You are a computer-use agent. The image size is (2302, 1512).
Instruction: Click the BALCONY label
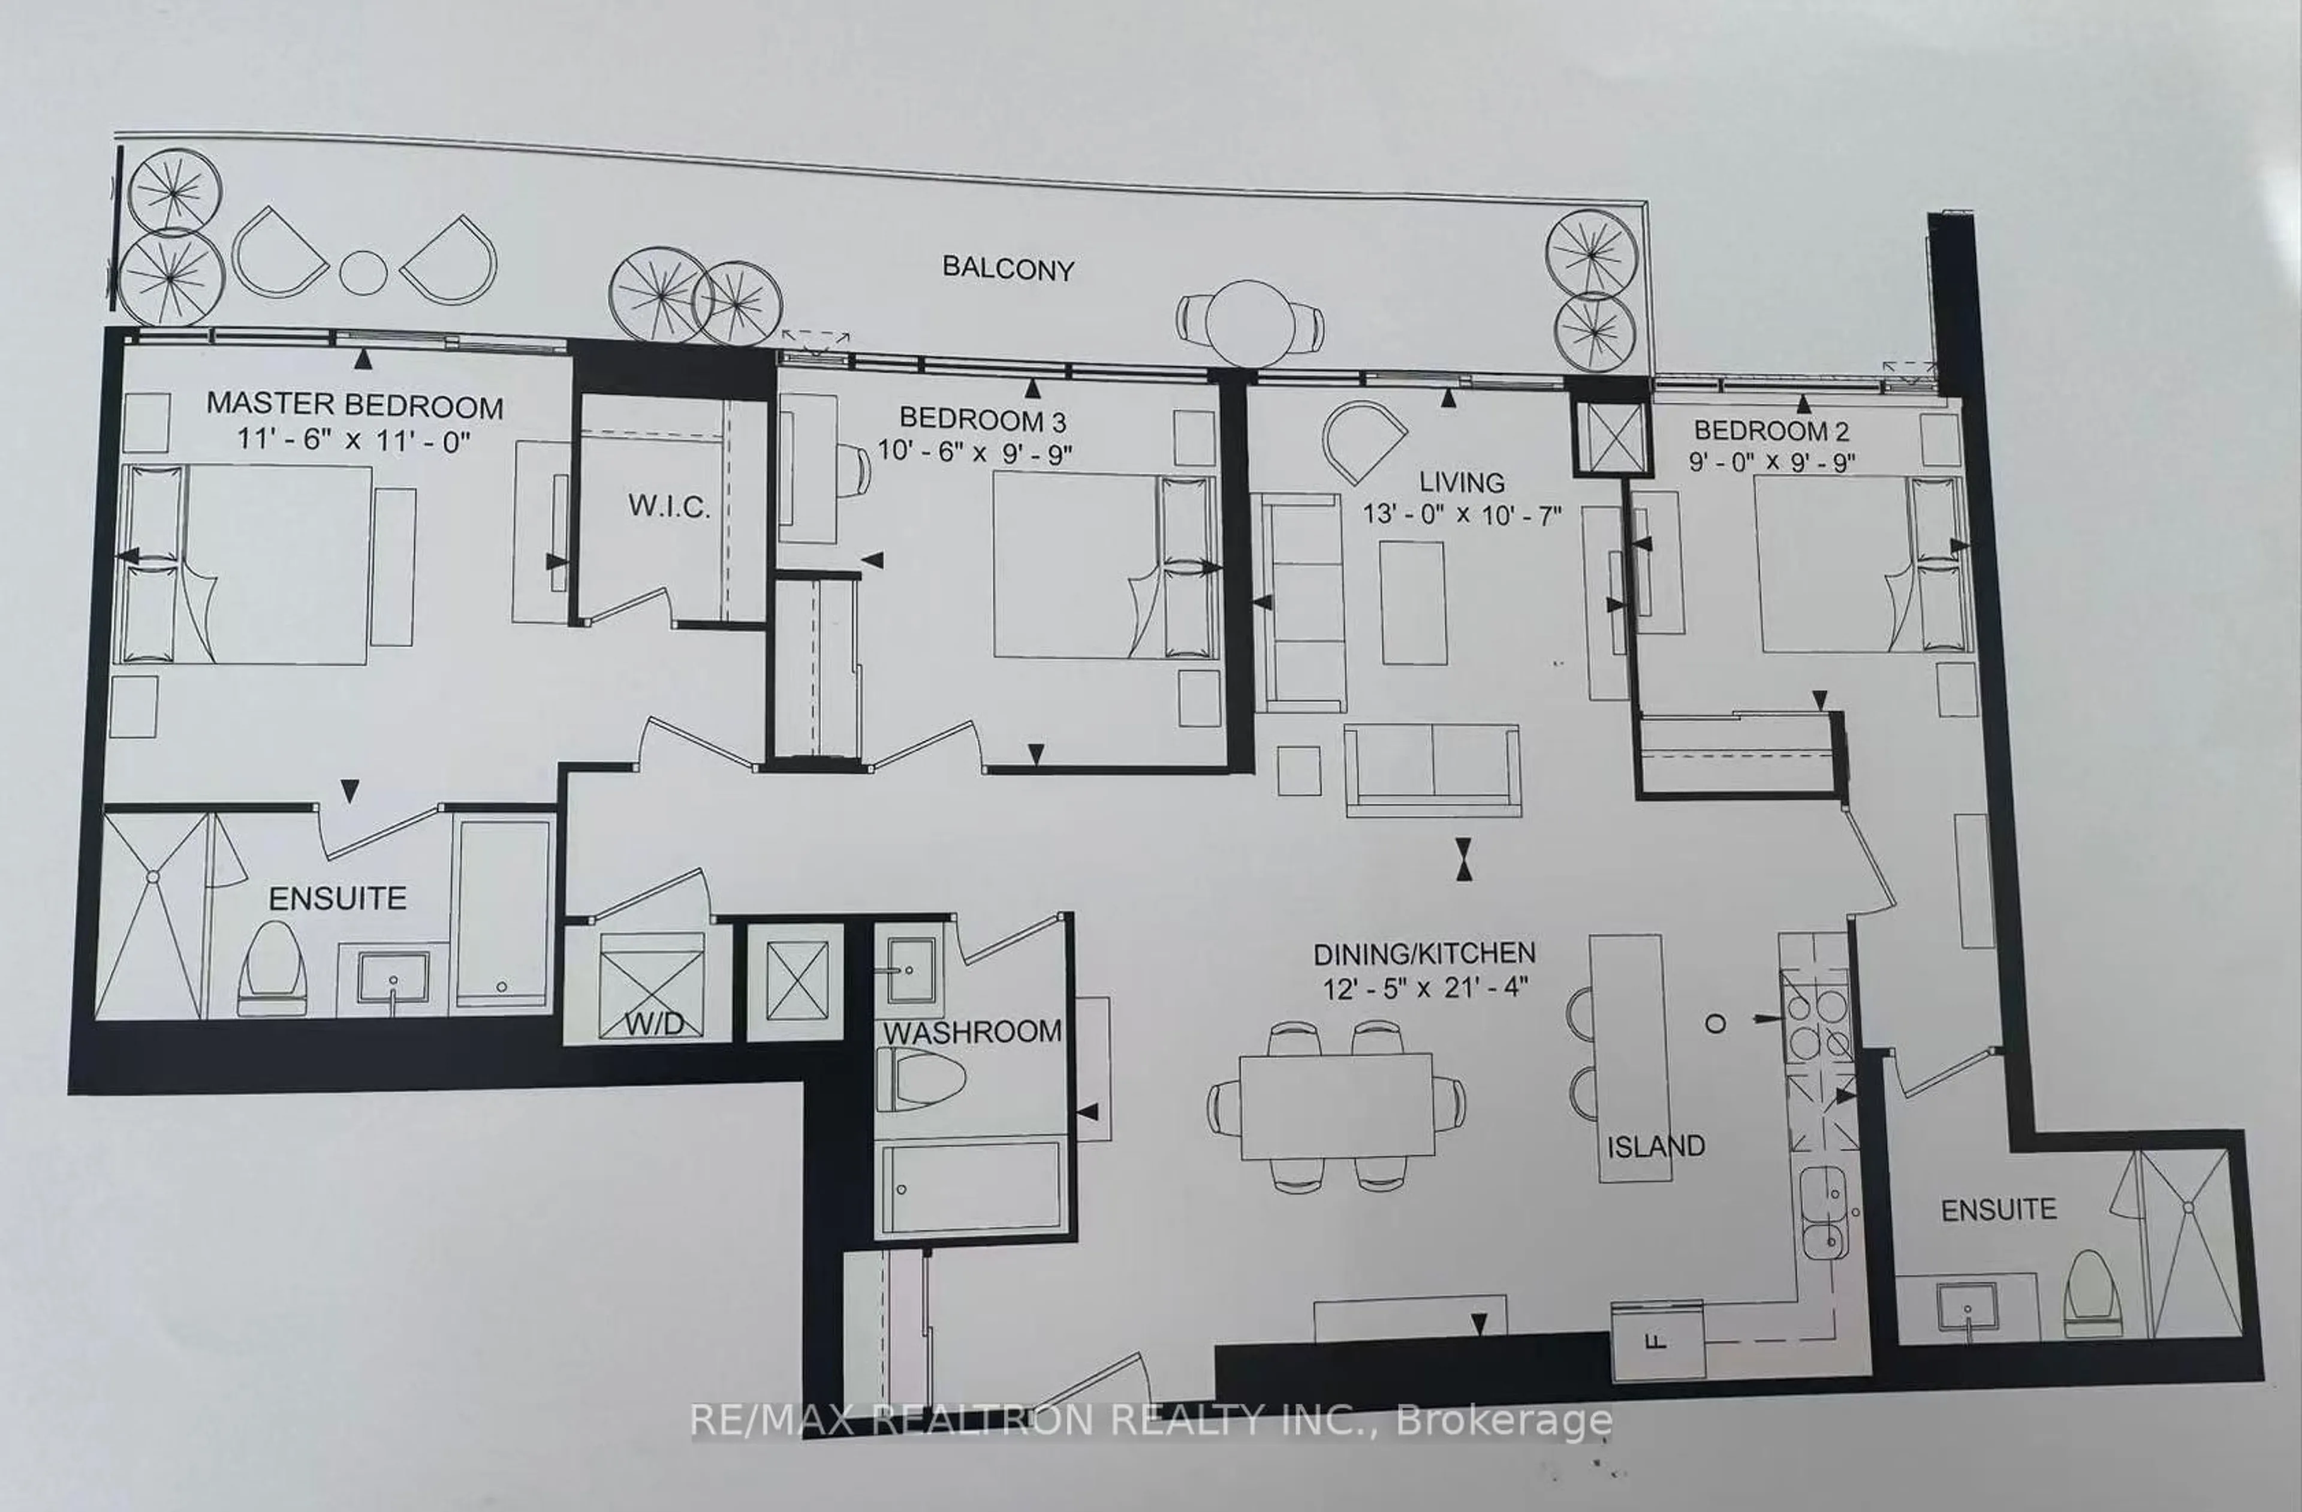(x=1008, y=269)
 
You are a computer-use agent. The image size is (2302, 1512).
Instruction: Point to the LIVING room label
(x=1462, y=482)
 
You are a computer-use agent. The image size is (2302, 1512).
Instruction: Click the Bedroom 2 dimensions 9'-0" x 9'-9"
(x=1772, y=462)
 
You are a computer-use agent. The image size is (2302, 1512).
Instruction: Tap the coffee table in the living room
(x=1413, y=603)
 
